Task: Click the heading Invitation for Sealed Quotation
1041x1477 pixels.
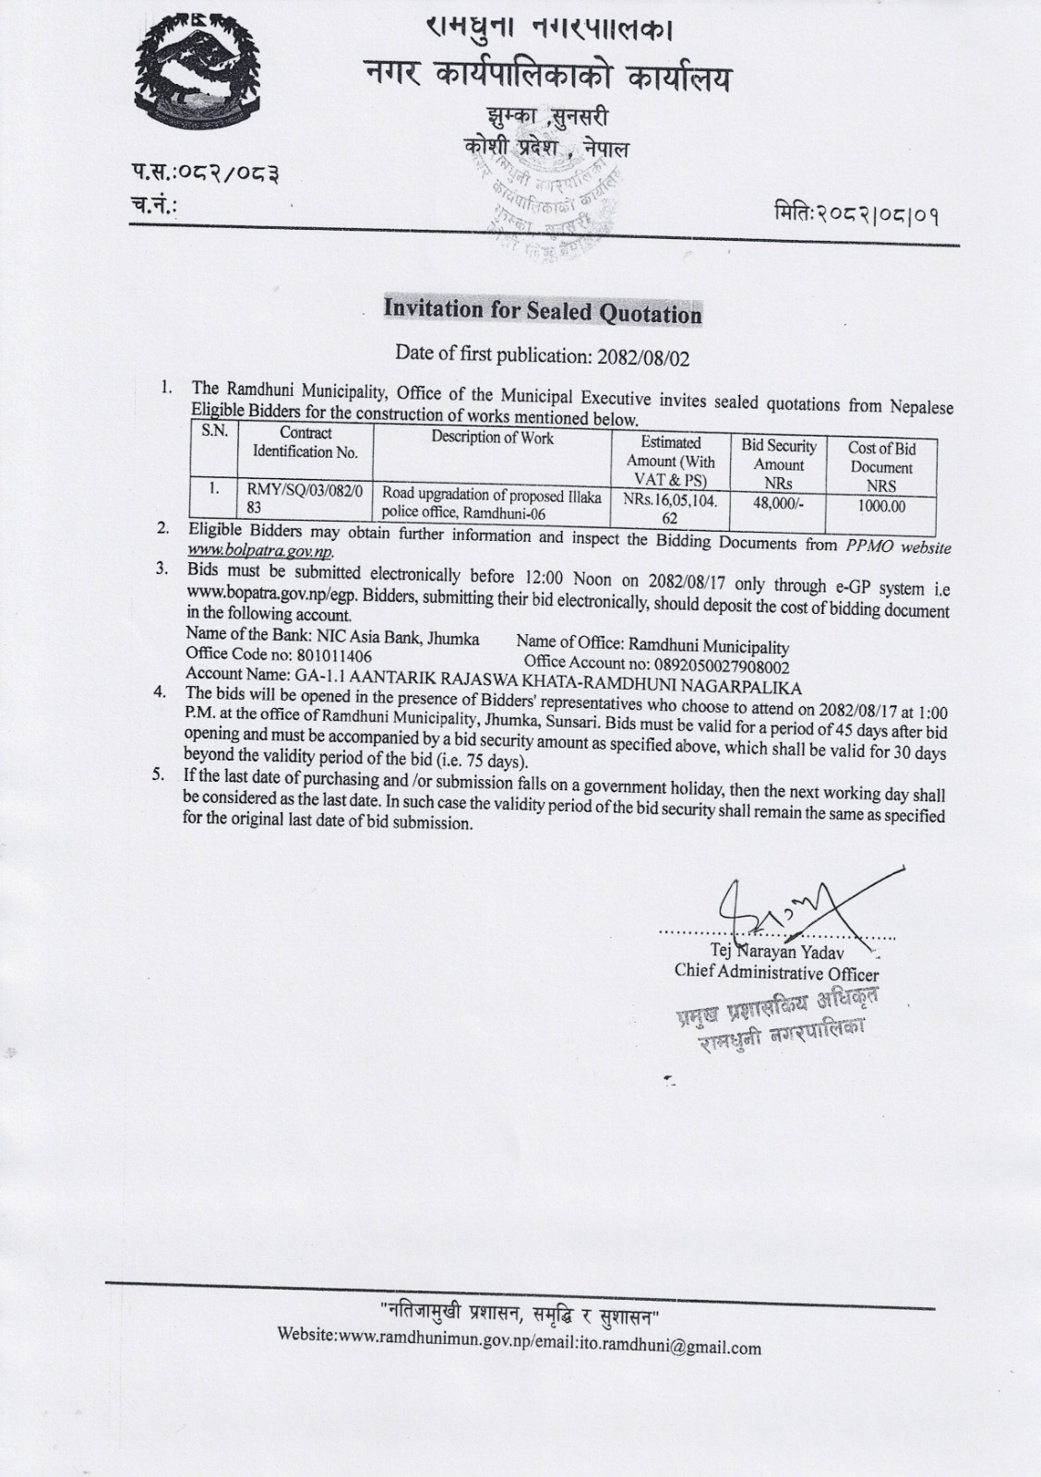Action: pos(543,311)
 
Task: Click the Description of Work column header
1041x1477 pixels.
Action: pos(492,438)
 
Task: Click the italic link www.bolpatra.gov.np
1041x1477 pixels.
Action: pos(259,551)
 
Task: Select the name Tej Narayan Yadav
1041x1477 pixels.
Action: pos(771,951)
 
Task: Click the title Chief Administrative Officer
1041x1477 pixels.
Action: pos(776,972)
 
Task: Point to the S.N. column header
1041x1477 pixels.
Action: pos(214,430)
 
